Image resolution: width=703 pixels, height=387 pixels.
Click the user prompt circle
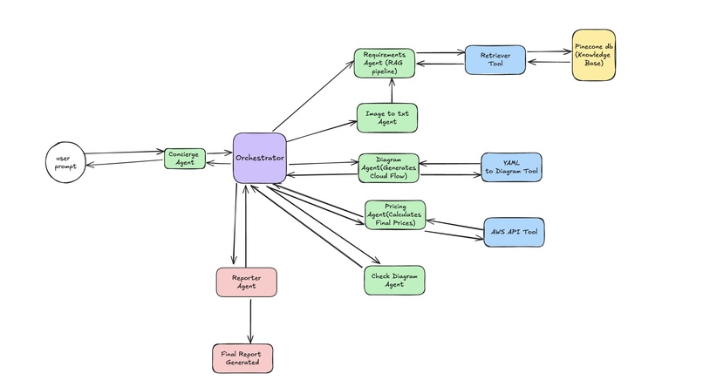coord(65,163)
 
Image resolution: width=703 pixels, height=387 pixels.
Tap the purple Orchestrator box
coord(260,158)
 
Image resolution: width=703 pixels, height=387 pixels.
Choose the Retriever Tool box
coord(495,58)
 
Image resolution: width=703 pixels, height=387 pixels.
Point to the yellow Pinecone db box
coord(594,55)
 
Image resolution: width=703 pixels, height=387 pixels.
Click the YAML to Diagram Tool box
coord(511,167)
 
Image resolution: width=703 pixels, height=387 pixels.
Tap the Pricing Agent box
coord(395,214)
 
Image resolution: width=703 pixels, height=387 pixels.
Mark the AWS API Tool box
coord(513,232)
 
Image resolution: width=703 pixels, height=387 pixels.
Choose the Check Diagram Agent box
coord(393,279)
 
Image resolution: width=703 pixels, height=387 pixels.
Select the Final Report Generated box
coord(242,357)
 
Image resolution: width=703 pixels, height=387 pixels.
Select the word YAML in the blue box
coord(511,162)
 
